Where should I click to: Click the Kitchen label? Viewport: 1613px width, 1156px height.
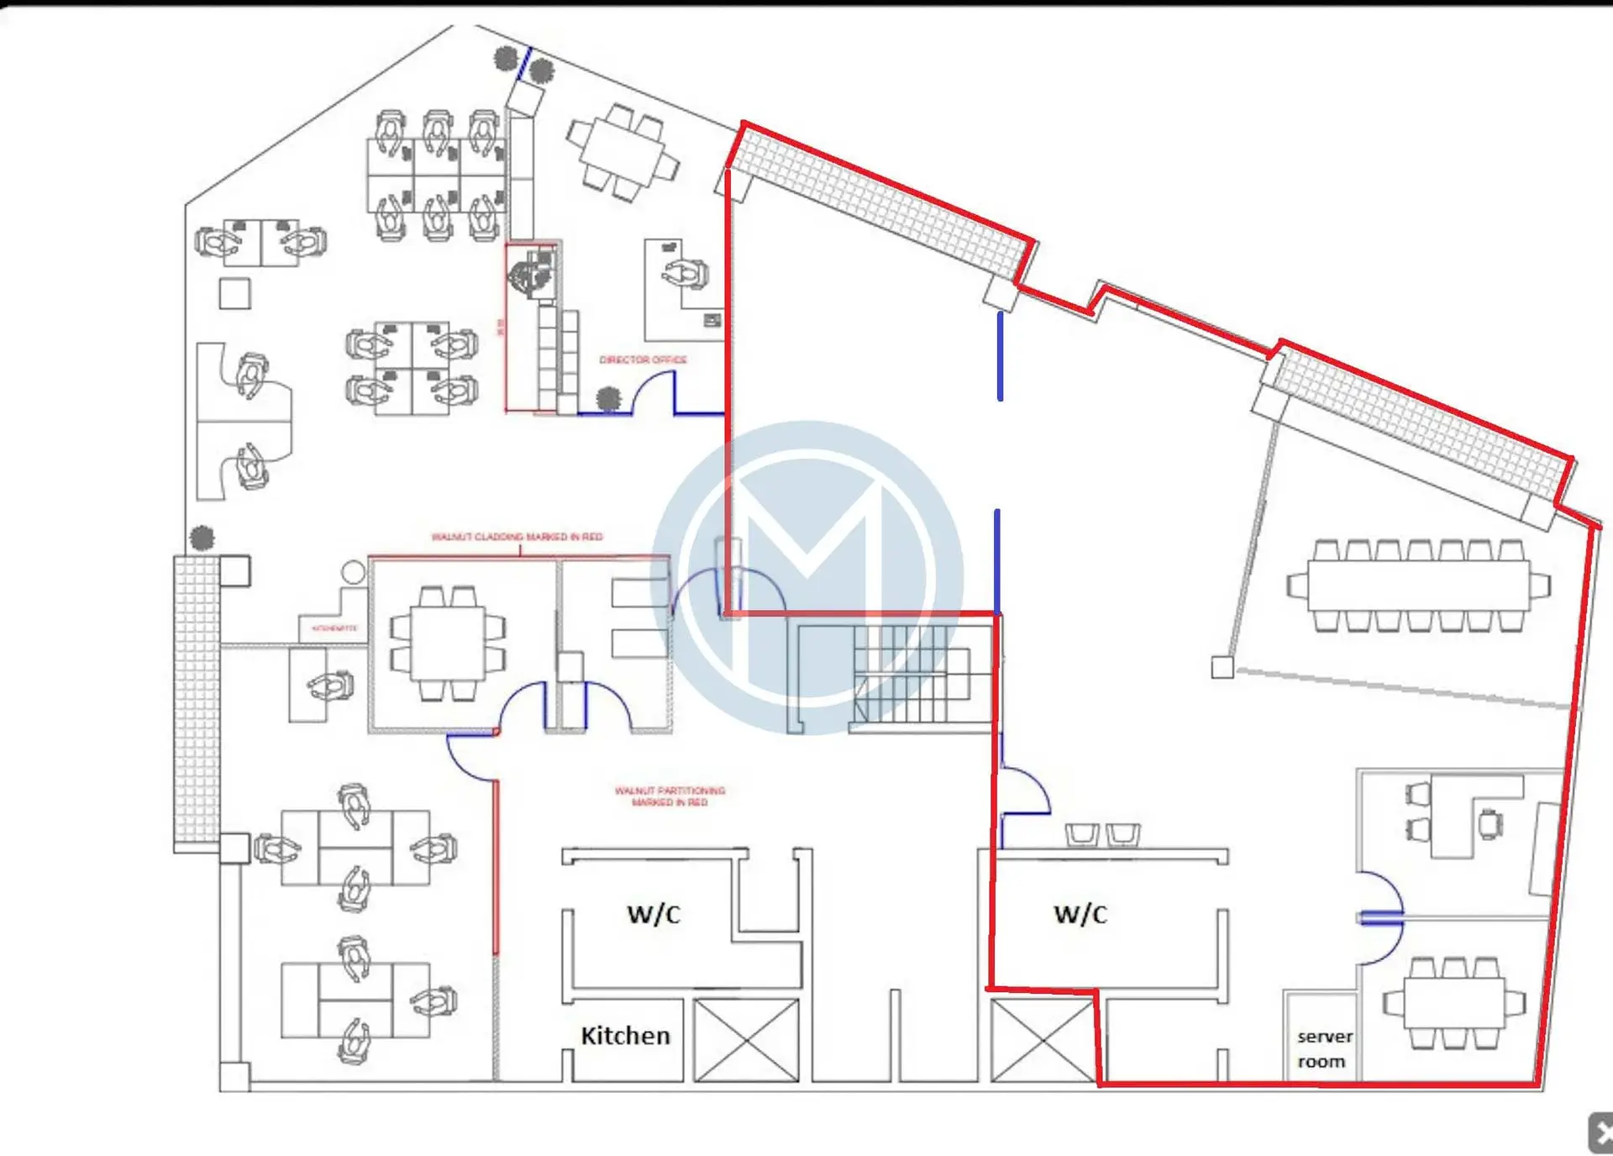(x=625, y=1036)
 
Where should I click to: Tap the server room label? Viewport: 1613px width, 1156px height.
(x=1323, y=1048)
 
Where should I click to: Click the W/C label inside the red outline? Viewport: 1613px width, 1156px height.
(x=1080, y=914)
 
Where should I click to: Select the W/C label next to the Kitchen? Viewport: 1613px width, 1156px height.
(x=654, y=914)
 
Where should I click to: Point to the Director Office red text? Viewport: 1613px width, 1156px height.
(x=643, y=360)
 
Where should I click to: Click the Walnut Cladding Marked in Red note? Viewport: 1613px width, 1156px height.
(x=517, y=537)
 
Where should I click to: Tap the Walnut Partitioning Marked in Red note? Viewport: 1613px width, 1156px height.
(x=670, y=796)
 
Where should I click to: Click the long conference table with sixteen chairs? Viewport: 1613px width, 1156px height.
(x=1418, y=586)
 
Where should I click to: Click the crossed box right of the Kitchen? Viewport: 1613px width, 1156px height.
(x=746, y=1040)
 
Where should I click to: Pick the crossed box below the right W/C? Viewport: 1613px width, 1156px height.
(x=1043, y=1040)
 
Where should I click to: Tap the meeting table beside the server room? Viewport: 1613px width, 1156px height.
(x=1453, y=1002)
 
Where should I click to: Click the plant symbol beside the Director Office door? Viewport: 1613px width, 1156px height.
(x=608, y=398)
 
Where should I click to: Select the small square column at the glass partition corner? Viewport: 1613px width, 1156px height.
(x=1222, y=668)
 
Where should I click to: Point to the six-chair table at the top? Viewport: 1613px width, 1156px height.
(x=623, y=152)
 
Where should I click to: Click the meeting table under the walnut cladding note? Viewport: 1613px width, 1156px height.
(x=448, y=644)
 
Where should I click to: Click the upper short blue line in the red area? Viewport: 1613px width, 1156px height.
(x=1000, y=356)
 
